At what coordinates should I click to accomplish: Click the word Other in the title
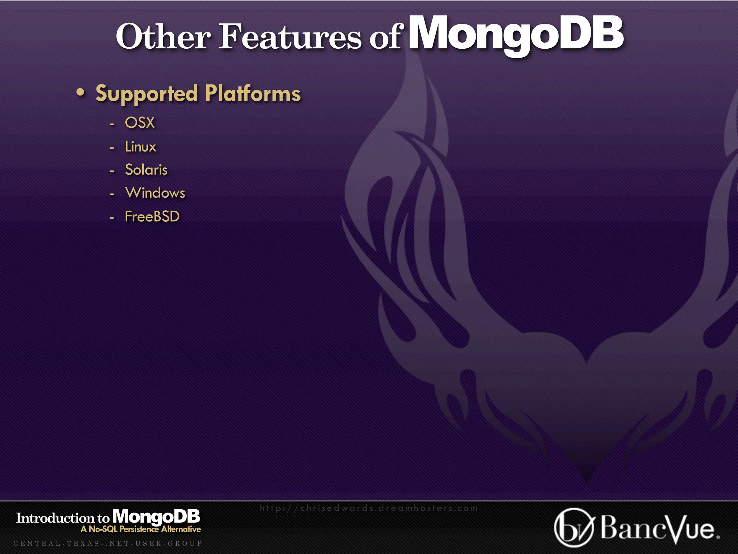(x=163, y=37)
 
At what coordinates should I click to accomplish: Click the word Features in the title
(x=290, y=37)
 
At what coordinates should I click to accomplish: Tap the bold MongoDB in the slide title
(x=516, y=34)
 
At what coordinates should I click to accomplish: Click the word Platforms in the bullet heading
(x=253, y=94)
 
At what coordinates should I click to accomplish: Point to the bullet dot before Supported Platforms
(x=81, y=93)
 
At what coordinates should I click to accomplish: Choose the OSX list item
(x=140, y=123)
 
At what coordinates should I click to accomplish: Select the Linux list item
(x=141, y=147)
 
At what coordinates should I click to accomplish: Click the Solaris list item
(x=146, y=170)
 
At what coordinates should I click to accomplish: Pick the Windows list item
(x=155, y=193)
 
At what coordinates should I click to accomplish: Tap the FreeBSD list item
(x=152, y=217)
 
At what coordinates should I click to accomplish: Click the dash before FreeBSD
(x=112, y=218)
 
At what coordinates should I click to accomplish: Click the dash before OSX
(x=112, y=124)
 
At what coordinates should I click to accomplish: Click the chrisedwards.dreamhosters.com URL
(x=369, y=509)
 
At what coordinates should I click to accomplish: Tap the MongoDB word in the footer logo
(x=156, y=517)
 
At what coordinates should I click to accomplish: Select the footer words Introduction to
(x=63, y=518)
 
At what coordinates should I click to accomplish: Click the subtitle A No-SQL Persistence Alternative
(x=141, y=529)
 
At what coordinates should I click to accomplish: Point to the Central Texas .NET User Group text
(x=108, y=544)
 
